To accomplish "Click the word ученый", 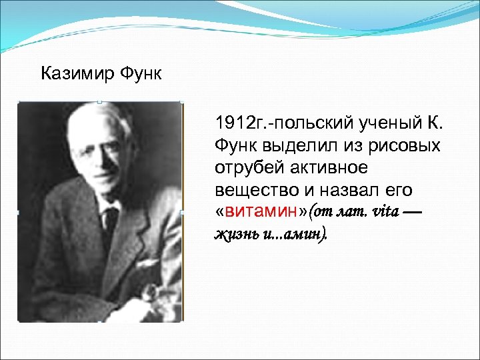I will pyautogui.click(x=387, y=123).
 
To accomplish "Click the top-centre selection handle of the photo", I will pyautogui.click(x=99, y=102).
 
